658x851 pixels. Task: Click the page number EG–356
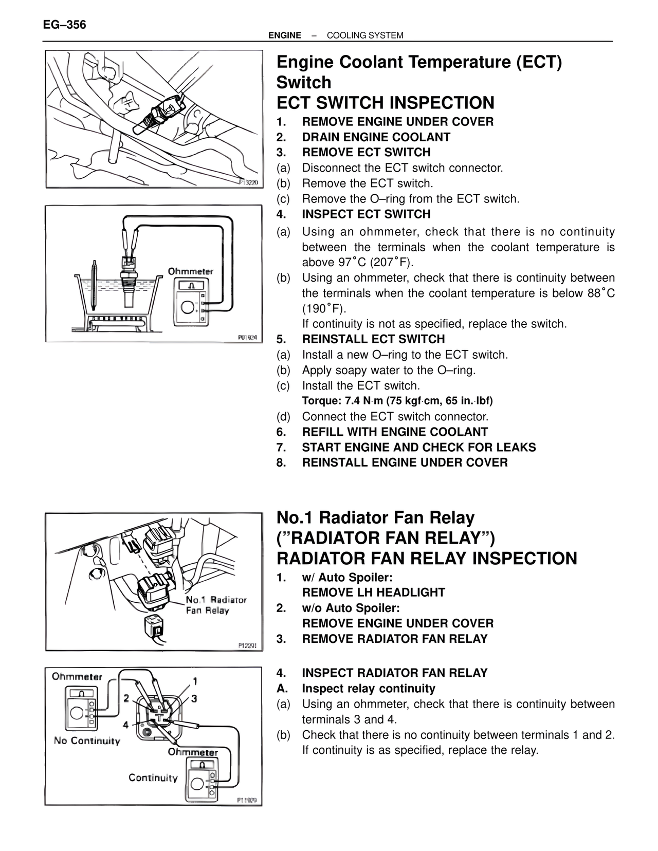(x=65, y=25)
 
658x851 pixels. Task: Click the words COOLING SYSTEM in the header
(x=364, y=35)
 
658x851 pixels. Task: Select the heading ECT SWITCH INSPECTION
(x=386, y=103)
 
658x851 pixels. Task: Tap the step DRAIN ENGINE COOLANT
(x=376, y=137)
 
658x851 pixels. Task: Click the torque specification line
(x=397, y=401)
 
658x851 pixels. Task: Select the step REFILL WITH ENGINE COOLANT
(x=395, y=432)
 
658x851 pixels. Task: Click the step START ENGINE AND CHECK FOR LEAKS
(x=418, y=447)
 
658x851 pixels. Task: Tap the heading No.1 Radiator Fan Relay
(x=375, y=517)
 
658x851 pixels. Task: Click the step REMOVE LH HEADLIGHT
(x=374, y=593)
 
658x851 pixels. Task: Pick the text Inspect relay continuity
(x=369, y=689)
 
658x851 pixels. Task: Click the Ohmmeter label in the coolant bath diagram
(x=190, y=271)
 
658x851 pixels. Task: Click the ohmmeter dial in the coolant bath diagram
(x=187, y=307)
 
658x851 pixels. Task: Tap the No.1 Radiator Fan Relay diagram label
(x=216, y=605)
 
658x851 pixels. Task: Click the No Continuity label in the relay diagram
(x=87, y=741)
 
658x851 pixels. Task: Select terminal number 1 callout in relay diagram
(x=195, y=682)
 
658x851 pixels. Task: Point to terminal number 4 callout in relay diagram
(x=126, y=725)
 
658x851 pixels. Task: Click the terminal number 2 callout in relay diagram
(x=126, y=698)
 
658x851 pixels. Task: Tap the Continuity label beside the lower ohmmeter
(x=153, y=778)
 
